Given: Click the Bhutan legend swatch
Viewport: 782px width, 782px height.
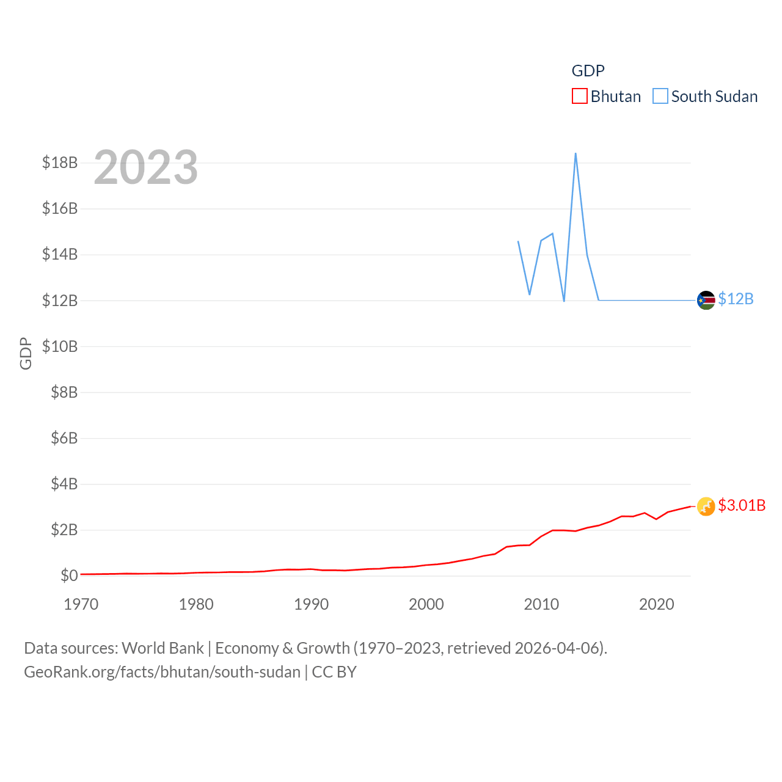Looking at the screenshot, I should coord(579,97).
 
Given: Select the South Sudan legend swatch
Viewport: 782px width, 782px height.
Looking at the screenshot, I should coord(660,97).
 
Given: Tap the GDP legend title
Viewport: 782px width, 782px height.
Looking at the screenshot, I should coord(588,71).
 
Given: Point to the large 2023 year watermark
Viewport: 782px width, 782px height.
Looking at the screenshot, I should coord(146,167).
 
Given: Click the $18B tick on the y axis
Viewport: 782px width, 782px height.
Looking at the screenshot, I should coord(60,163).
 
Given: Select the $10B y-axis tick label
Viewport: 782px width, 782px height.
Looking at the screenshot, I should coord(60,346).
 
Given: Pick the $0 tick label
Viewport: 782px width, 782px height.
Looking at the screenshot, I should coord(69,576).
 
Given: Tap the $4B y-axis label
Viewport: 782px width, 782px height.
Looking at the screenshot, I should coord(64,484).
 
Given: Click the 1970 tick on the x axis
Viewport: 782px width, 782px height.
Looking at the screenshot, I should coord(81,604).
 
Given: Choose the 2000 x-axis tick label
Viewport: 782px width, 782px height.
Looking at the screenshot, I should coord(426,604).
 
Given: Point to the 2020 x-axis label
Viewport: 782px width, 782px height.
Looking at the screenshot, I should coord(657,604).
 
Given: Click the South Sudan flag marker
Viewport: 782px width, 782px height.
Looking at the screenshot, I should coord(706,300).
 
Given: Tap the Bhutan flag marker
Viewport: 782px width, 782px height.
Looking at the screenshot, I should coord(706,506).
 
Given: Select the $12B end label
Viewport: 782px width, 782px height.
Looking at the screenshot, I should coord(736,299).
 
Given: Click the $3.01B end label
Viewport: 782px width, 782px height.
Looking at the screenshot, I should coord(742,505).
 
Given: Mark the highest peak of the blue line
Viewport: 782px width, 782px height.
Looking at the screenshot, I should coord(576,153).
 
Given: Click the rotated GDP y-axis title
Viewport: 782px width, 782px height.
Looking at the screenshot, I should coord(26,353).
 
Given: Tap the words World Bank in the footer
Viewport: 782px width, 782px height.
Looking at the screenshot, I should coord(163,648).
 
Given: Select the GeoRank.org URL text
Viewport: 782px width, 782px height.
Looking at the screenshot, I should coord(162,672).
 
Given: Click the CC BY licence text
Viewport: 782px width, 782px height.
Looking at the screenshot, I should coord(334,672).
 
